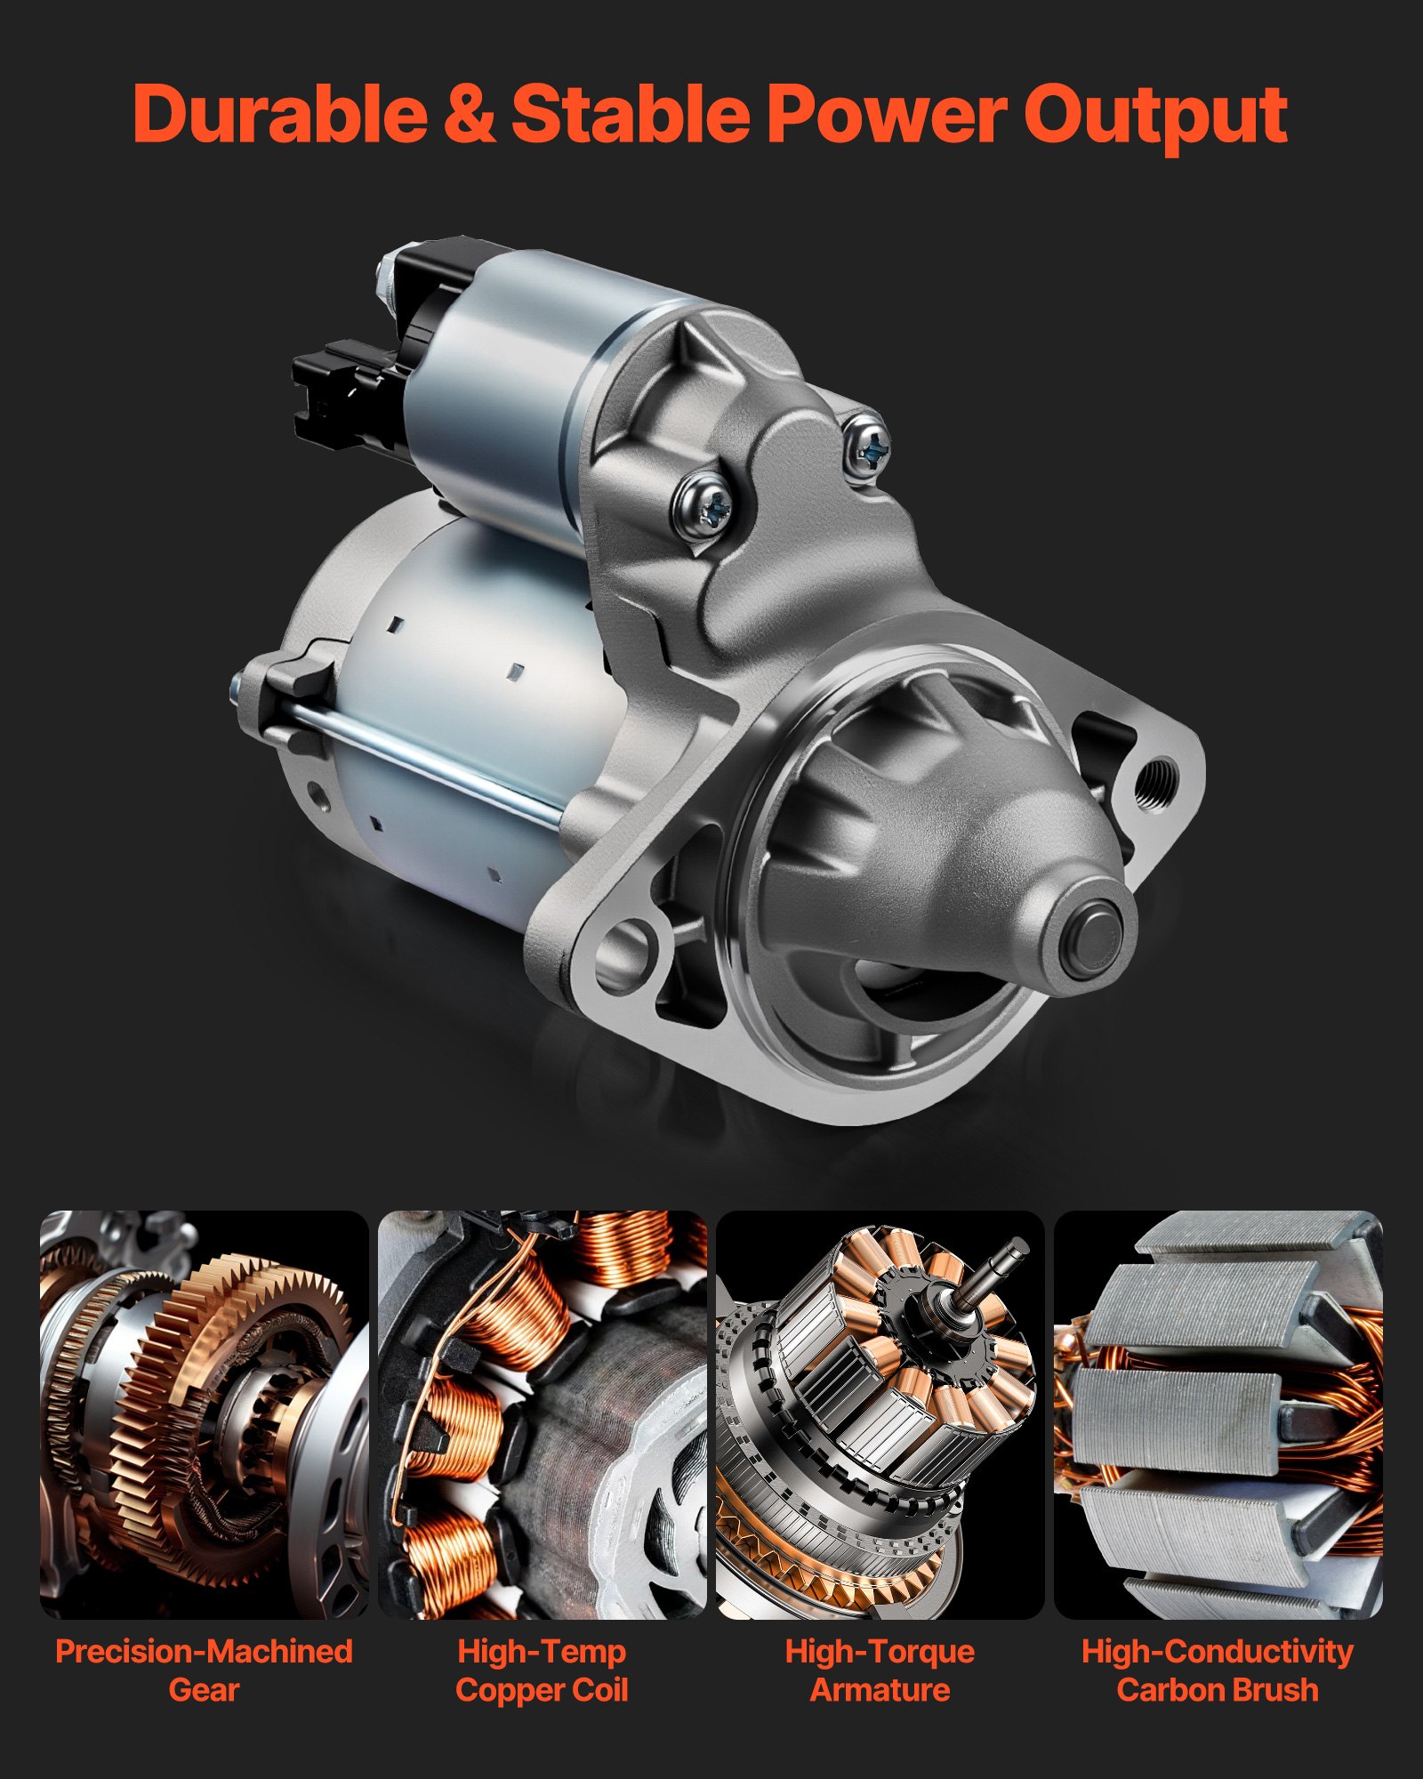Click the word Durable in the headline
click(x=280, y=113)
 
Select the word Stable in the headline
click(x=631, y=113)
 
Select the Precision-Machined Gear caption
click(x=205, y=1670)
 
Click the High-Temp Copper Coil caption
click(x=543, y=1670)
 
